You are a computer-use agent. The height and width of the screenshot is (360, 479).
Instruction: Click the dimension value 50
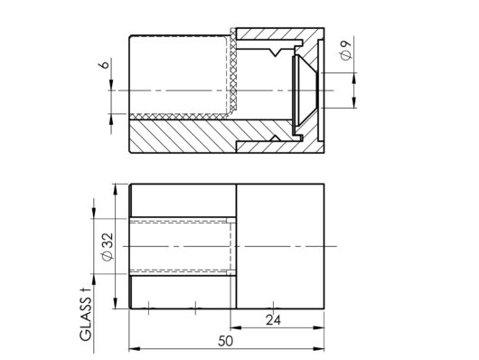coord(225,341)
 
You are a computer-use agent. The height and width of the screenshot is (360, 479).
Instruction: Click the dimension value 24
coord(273,320)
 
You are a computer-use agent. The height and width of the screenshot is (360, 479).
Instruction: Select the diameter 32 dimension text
coord(108,247)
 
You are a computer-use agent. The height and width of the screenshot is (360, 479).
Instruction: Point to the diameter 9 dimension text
coord(345,50)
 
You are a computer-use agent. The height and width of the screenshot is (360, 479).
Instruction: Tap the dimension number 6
coord(105,65)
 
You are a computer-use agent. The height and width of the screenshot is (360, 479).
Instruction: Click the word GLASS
coord(86,319)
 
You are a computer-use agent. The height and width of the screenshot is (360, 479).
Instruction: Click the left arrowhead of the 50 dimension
coord(135,348)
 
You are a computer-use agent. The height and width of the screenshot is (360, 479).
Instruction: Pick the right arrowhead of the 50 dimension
coord(318,348)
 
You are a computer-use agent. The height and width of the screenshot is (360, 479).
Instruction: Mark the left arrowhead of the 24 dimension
coord(236,327)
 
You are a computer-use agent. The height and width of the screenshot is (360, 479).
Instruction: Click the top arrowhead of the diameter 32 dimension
coord(116,189)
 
